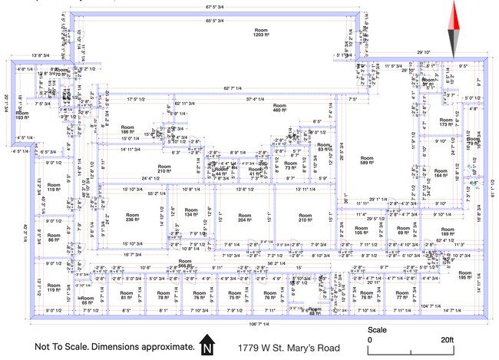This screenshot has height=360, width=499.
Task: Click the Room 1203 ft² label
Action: tap(263, 32)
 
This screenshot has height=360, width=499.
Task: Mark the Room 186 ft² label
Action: tap(129, 130)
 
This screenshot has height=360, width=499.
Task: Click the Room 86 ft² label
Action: tap(53, 238)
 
